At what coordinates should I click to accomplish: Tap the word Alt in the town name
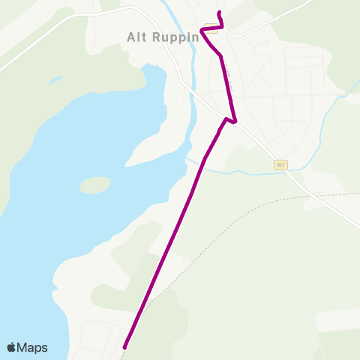coord(136,37)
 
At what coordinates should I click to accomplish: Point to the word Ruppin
coord(173,37)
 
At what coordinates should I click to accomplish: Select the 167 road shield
coord(280,165)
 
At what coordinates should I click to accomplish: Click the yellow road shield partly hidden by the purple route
coord(212,30)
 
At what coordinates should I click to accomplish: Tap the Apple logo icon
coord(12,347)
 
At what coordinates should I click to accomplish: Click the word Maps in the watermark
coord(33,347)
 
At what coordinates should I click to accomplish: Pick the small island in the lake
coord(94,184)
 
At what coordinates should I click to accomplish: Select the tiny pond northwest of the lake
coord(55,79)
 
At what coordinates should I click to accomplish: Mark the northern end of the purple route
coord(218,13)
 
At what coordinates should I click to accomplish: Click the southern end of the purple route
coord(124,347)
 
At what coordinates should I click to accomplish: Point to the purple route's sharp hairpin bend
coord(235,121)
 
